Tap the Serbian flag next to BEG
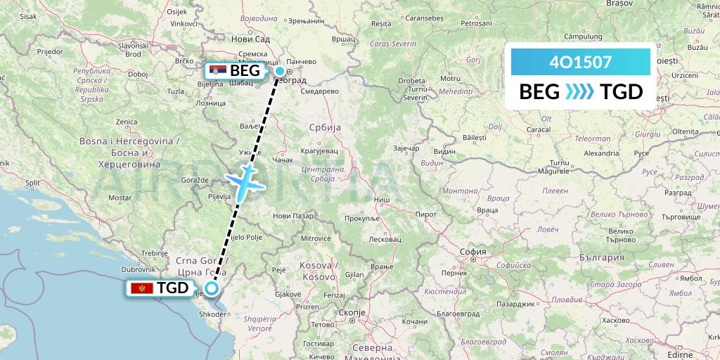click(x=218, y=70)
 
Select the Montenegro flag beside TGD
click(x=142, y=288)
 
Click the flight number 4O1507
click(x=580, y=62)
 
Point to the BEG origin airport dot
click(x=280, y=71)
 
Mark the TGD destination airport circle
click(x=212, y=287)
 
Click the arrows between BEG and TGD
click(x=580, y=91)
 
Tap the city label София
click(x=472, y=251)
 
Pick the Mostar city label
click(x=120, y=198)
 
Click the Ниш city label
click(x=382, y=200)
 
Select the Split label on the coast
click(x=33, y=182)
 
